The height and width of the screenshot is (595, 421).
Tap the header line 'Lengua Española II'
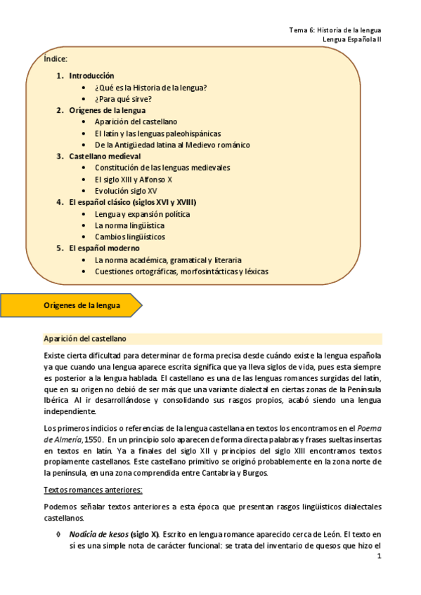(x=351, y=40)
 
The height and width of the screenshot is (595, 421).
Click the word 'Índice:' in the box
(x=56, y=60)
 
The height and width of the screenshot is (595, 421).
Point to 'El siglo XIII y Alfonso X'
(x=134, y=180)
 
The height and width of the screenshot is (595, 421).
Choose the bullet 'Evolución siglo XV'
(x=126, y=191)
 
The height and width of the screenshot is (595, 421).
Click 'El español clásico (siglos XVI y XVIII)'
(x=133, y=202)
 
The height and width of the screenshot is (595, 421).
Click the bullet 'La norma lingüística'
(x=129, y=225)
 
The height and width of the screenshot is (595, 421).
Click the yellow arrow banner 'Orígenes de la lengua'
(x=82, y=306)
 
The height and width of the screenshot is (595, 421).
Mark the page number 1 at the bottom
(x=379, y=558)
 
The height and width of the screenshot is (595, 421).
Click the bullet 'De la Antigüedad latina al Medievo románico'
(x=172, y=145)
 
